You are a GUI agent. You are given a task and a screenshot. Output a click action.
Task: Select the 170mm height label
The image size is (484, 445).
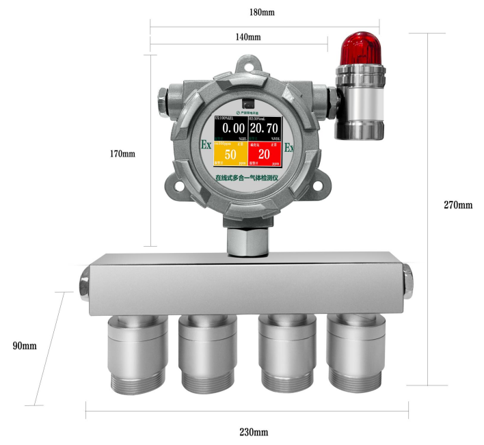coord(122,154)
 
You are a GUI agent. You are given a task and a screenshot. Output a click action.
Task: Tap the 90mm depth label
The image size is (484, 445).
coord(25,346)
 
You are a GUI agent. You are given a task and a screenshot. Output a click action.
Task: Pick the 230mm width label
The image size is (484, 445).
coord(254,432)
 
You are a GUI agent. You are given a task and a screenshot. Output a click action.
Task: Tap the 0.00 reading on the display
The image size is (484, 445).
coord(230,129)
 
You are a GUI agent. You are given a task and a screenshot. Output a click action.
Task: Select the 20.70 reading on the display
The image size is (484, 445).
coord(263,129)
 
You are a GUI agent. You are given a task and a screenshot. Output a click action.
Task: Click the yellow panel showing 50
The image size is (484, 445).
coord(230,154)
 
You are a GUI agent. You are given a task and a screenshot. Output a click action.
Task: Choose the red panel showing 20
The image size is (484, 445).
coord(264,154)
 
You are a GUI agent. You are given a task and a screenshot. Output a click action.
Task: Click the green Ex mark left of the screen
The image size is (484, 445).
coord(205,146)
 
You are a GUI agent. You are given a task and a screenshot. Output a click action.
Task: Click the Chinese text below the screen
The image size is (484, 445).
coord(247,178)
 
